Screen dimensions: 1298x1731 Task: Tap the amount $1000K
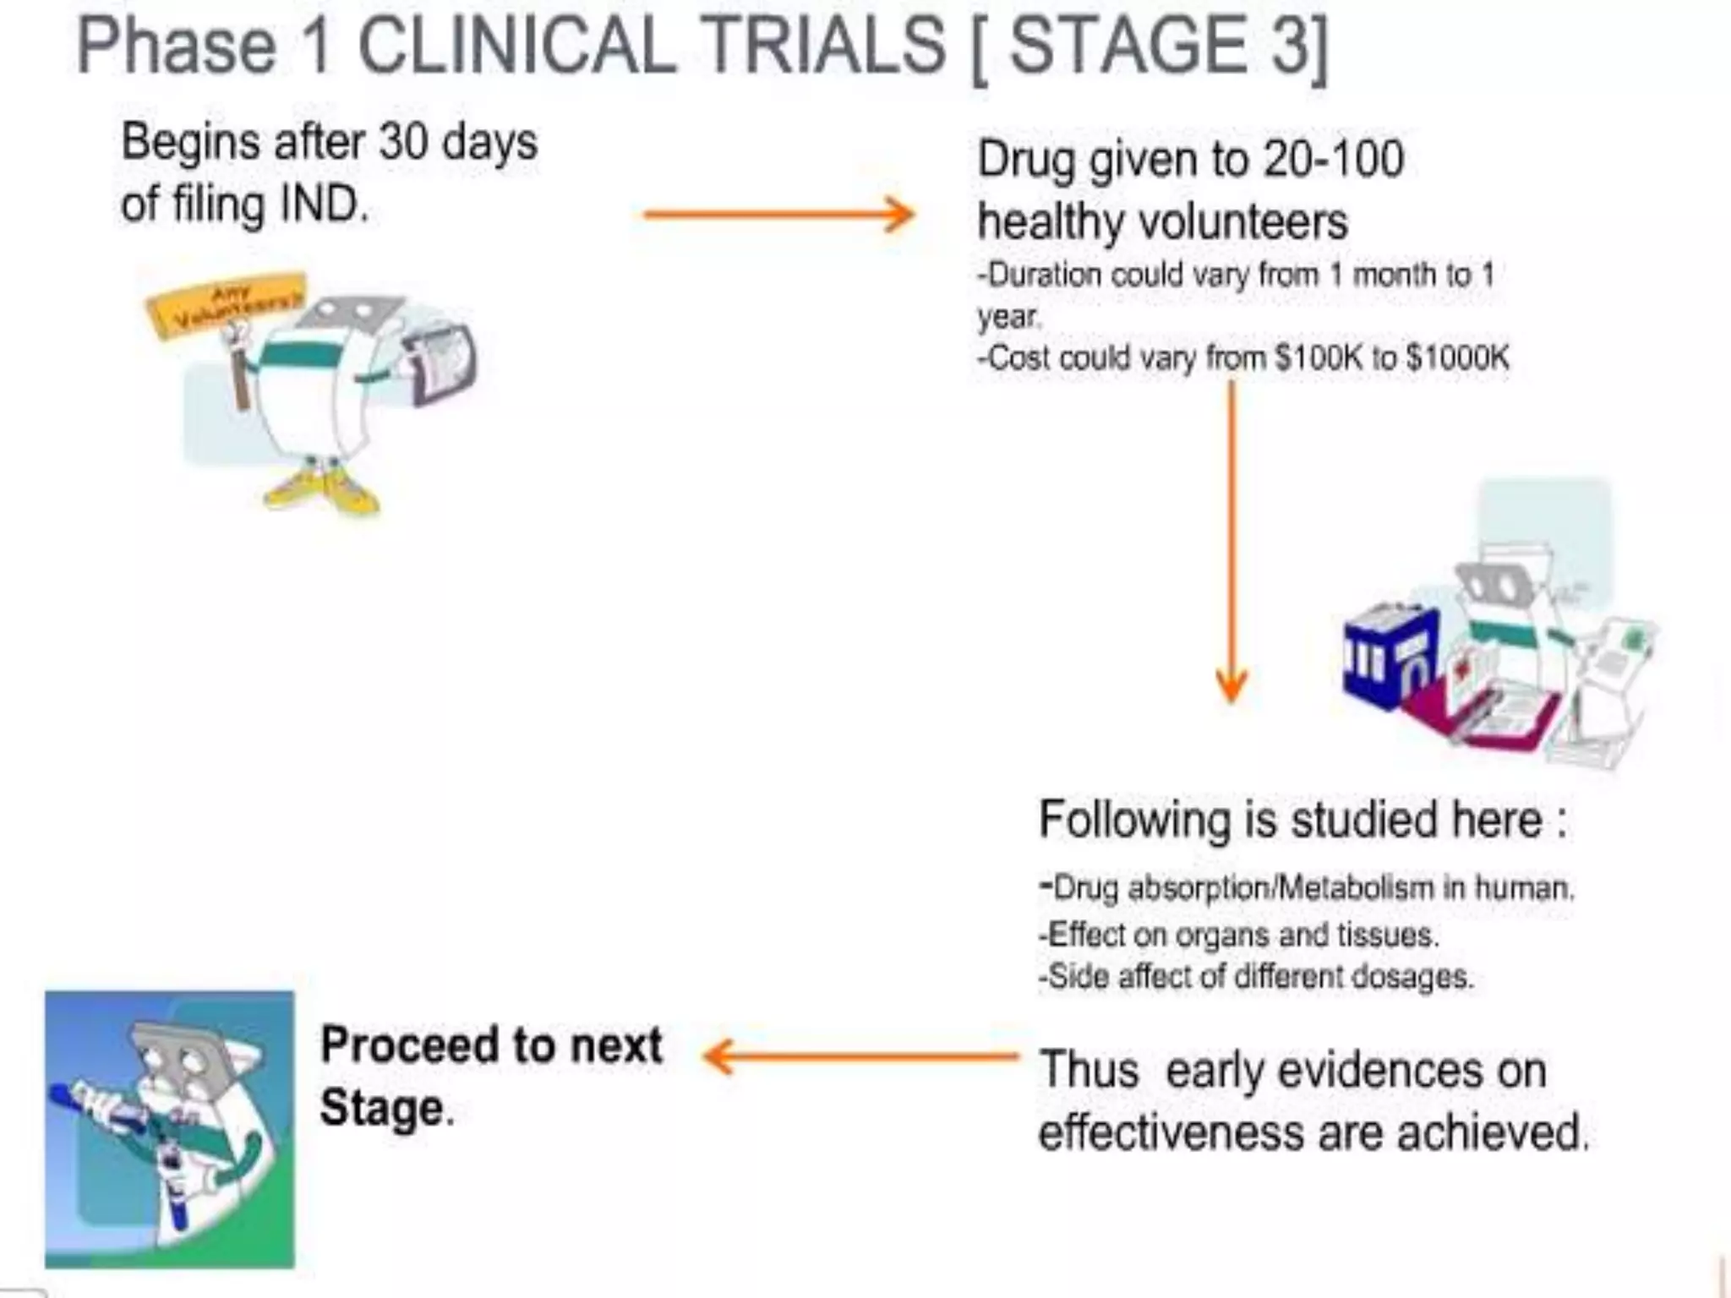pos(1457,357)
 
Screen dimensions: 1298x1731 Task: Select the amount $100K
pos(1319,357)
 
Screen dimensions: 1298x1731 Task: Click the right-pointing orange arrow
pos(778,214)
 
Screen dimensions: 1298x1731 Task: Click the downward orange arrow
pos(1231,541)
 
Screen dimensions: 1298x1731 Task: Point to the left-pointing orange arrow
pos(862,1056)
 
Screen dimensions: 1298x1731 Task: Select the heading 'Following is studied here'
pos(1302,819)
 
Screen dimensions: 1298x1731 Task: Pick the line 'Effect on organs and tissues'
pos(1239,935)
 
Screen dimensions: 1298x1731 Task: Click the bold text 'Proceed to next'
pos(491,1045)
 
